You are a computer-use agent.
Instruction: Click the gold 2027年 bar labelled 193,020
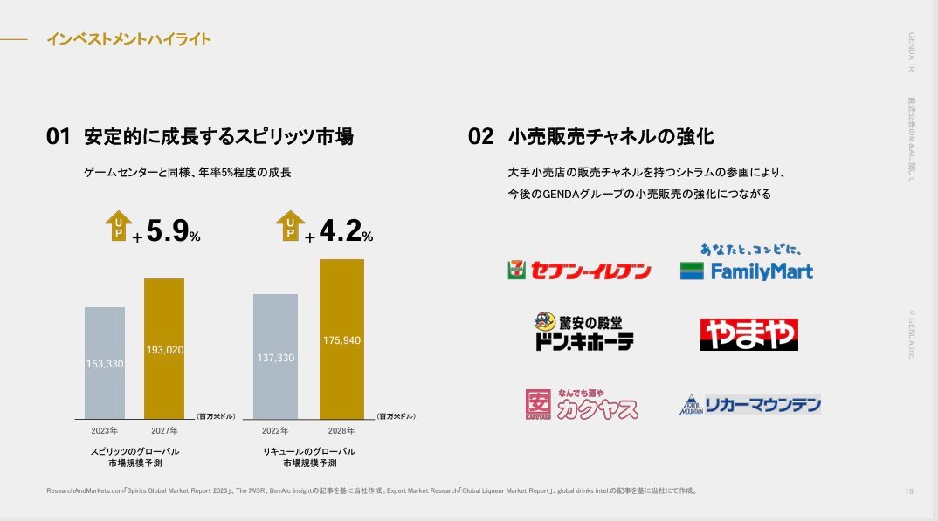point(163,348)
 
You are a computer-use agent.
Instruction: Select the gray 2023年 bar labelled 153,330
point(105,362)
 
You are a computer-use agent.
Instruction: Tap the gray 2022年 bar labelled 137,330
point(275,356)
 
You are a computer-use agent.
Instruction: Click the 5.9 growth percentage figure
point(167,231)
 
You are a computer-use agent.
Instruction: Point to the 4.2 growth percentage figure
point(340,231)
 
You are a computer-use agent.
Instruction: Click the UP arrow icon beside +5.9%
point(118,226)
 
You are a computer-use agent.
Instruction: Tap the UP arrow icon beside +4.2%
point(290,226)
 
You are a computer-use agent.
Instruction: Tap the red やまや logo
point(748,334)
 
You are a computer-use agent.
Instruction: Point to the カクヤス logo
point(581,404)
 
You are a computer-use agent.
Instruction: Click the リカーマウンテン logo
point(749,404)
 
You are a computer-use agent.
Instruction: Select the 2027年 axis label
point(163,430)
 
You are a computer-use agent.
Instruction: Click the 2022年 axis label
point(275,430)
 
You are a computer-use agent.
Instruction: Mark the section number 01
point(58,137)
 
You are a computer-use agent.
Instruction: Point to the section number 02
point(481,137)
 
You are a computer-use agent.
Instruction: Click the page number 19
point(909,492)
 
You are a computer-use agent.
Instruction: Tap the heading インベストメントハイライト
point(128,39)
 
